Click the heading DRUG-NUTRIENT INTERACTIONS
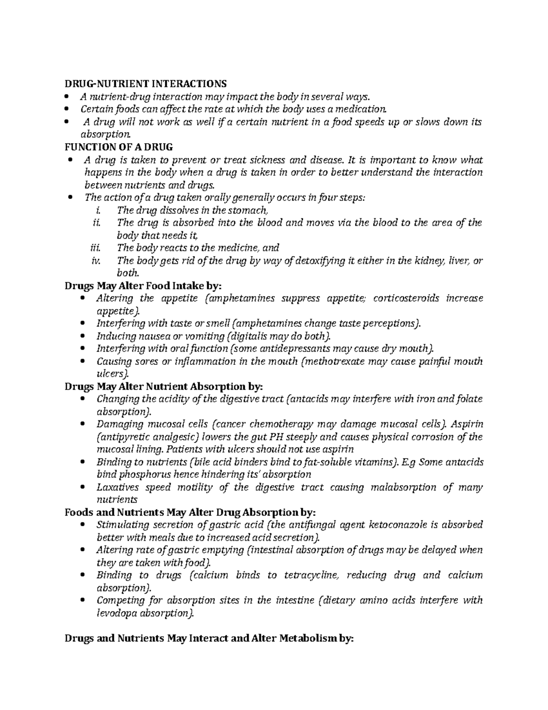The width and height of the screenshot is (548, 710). tap(145, 84)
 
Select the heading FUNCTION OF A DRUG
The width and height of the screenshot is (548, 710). tap(118, 147)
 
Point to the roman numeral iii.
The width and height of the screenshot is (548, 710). tap(95, 248)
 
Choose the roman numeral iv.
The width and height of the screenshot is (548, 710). tap(95, 261)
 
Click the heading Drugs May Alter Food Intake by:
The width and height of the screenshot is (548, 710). tap(143, 286)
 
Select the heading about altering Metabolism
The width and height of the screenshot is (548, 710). tap(209, 639)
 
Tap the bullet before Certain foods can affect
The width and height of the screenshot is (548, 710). tap(67, 109)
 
